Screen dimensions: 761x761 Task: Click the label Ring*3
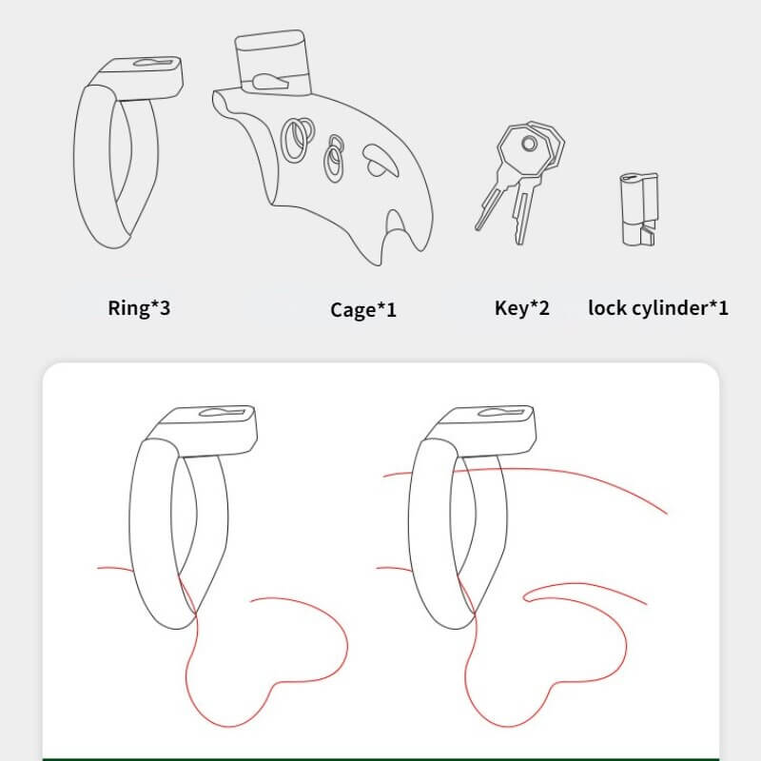click(139, 307)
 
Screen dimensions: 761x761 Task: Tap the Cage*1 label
click(363, 310)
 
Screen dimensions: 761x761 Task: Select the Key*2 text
click(521, 307)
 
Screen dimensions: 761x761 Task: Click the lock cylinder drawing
click(639, 209)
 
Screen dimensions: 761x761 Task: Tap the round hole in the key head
click(529, 144)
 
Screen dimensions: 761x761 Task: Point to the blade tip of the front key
click(478, 226)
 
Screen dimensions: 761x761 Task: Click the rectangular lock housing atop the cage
click(272, 61)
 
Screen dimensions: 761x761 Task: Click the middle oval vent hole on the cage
click(334, 159)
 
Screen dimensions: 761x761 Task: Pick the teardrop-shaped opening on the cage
click(380, 161)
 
